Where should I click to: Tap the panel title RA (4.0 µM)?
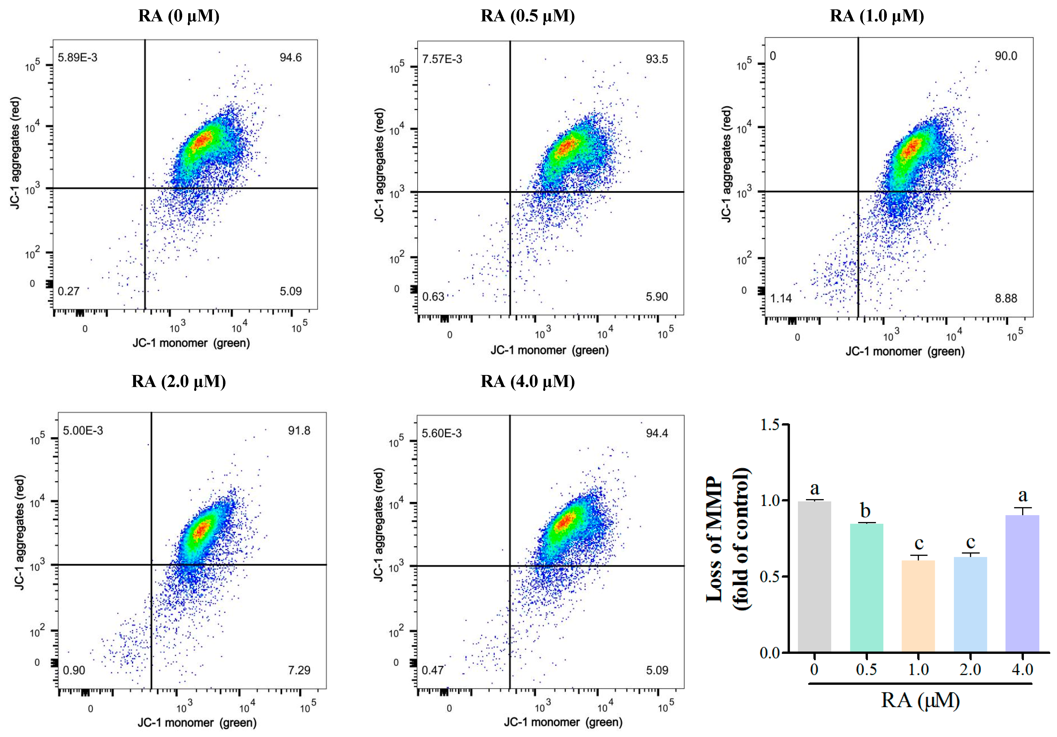[528, 382]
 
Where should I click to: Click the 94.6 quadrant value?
[291, 57]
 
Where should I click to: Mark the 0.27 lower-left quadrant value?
[68, 291]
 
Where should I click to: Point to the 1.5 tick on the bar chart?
[770, 425]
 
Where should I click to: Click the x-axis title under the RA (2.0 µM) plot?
[197, 722]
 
